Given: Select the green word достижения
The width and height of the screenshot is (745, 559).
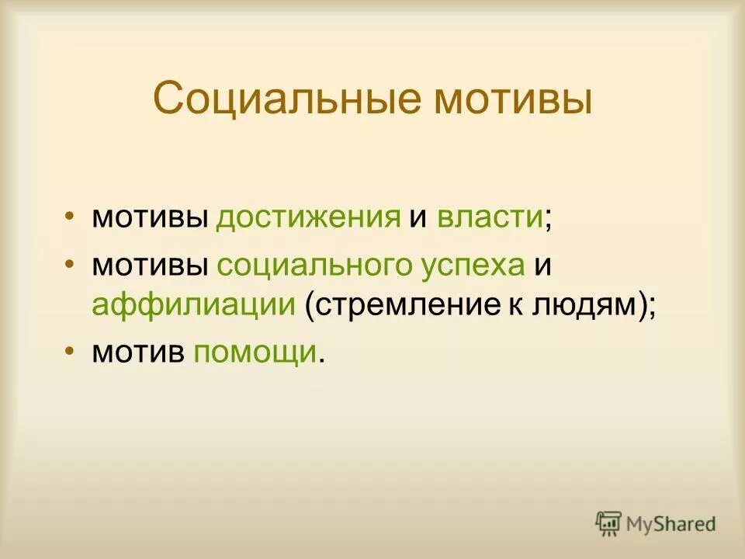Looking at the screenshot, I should click(308, 217).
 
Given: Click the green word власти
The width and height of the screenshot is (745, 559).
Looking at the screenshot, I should click(489, 217).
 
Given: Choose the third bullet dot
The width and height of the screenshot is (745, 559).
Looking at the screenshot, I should click(71, 349).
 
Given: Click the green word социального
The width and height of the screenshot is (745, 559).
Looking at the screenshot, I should click(320, 266).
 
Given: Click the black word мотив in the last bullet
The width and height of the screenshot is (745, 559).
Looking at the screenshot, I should click(138, 352).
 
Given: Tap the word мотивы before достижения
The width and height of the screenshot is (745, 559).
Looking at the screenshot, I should click(150, 217).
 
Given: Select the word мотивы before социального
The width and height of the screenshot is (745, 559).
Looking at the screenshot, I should click(150, 266).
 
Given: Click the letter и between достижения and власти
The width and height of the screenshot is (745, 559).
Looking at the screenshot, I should click(418, 217).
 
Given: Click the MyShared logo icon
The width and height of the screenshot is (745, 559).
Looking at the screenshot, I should click(609, 524).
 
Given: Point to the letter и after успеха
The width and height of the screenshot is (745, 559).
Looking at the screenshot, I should click(542, 266).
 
